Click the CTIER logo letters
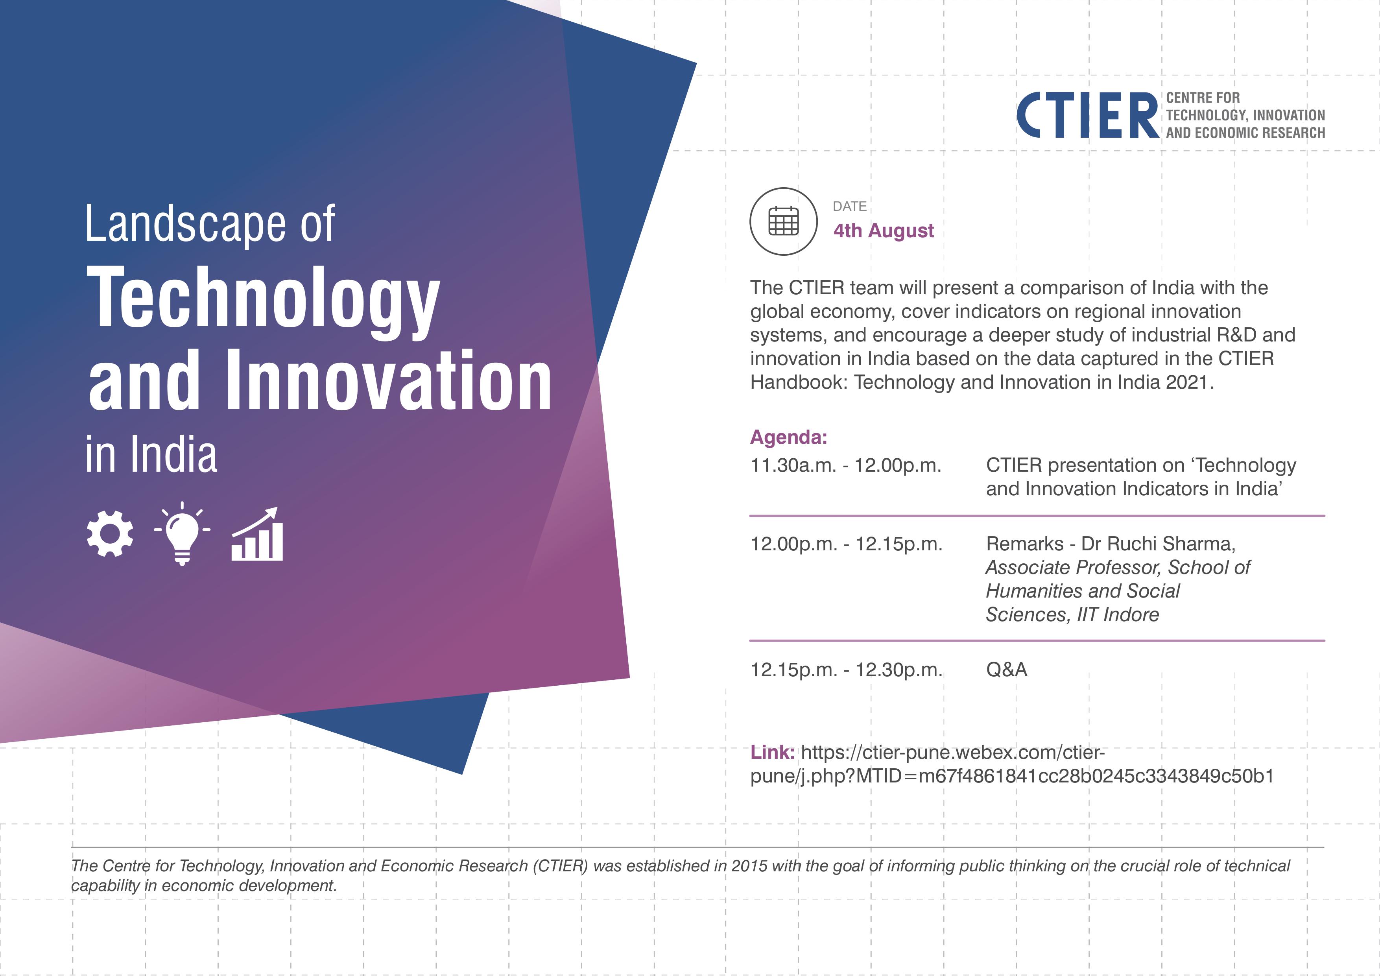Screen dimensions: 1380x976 [x=1087, y=115]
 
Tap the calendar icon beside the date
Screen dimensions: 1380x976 [x=784, y=221]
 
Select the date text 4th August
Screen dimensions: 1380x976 [x=884, y=231]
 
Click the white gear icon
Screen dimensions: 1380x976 [x=110, y=534]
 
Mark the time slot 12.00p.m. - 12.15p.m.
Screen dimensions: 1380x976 [x=846, y=544]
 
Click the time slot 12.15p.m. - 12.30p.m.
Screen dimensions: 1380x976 [x=846, y=670]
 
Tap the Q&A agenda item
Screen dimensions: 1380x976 [x=1007, y=670]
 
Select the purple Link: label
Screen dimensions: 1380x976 [x=772, y=753]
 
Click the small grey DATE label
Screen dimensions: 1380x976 [x=850, y=206]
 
